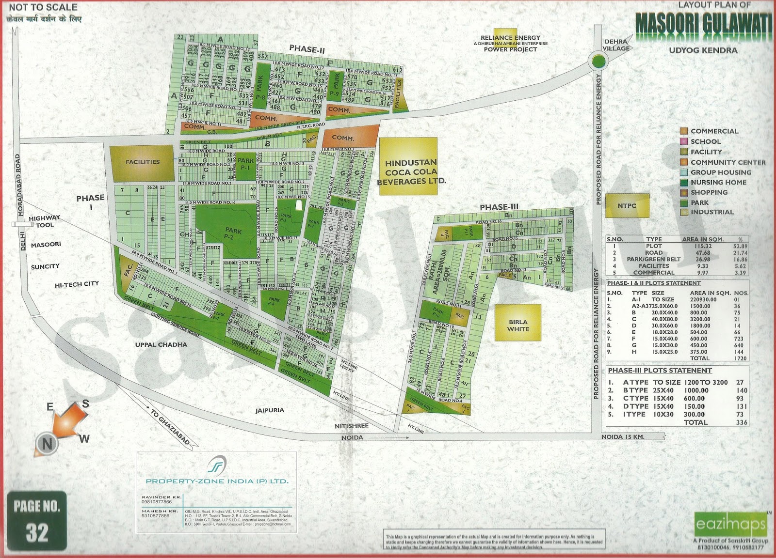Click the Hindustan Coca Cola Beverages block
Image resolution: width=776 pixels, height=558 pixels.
pos(408,167)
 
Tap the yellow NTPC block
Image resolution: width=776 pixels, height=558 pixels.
pos(627,205)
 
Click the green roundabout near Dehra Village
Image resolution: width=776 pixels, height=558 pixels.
pos(598,62)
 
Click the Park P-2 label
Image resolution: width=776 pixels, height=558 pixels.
pos(233,234)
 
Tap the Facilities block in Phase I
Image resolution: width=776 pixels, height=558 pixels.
pos(142,162)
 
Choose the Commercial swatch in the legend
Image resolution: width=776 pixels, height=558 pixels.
pos(683,131)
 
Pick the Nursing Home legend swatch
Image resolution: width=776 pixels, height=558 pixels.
pos(683,183)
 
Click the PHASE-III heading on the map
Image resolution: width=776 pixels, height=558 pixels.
pos(499,207)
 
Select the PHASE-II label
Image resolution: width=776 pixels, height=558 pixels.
pos(307,49)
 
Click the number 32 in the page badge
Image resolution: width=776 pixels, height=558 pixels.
pos(37,532)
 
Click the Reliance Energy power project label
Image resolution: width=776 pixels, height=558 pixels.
pos(510,43)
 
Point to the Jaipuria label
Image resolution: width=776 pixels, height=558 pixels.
pos(270,410)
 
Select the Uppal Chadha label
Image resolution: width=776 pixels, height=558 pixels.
pos(161,344)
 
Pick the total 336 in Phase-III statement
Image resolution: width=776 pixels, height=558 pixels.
pos(742,422)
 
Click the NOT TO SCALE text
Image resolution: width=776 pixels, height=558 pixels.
pos(43,7)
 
